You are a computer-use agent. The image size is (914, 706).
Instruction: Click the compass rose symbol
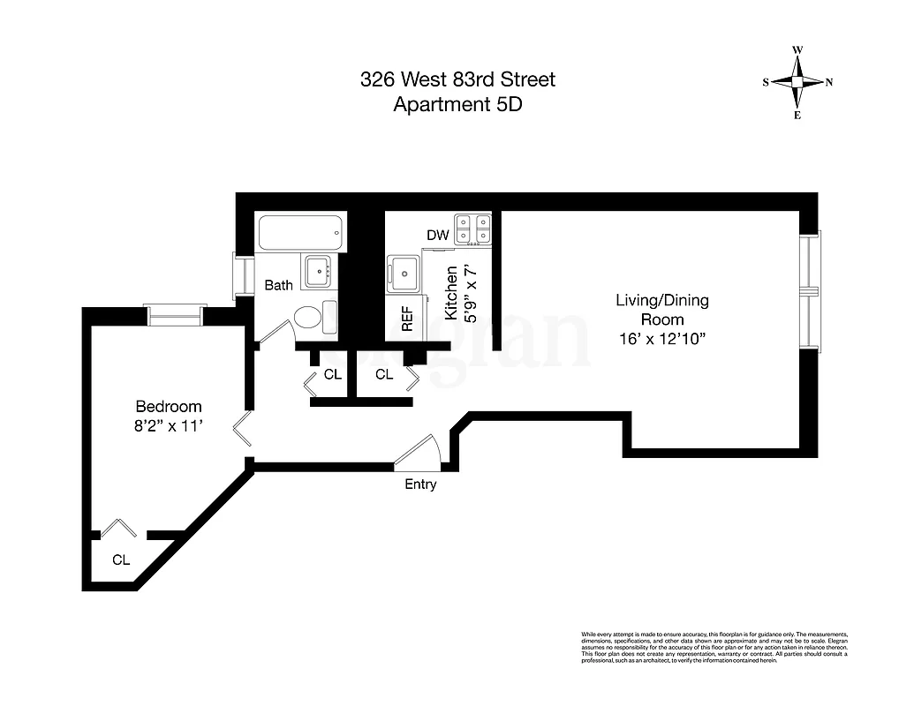coord(797,82)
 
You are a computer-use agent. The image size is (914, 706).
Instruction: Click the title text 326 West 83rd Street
coord(457,79)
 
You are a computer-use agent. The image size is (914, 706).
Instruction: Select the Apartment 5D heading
coord(457,104)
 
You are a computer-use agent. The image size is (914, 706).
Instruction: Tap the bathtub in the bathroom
coord(299,233)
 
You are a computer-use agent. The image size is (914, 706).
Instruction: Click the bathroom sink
coord(317,272)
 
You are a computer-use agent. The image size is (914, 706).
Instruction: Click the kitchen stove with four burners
coord(472,228)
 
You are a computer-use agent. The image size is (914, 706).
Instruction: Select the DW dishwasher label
coord(438,236)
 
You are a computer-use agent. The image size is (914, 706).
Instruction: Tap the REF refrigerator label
coord(407,319)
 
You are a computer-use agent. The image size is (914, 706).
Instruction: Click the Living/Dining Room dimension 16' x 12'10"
coord(661,338)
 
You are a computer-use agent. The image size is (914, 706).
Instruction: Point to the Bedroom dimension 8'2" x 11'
coord(168,424)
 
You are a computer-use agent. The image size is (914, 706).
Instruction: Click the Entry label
coord(420,484)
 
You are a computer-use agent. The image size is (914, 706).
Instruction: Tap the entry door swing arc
coord(419,449)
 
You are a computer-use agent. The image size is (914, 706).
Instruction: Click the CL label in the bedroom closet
coord(121,560)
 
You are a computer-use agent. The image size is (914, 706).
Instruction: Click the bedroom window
coord(176,313)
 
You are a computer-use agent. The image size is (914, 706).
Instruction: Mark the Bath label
coord(279,285)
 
